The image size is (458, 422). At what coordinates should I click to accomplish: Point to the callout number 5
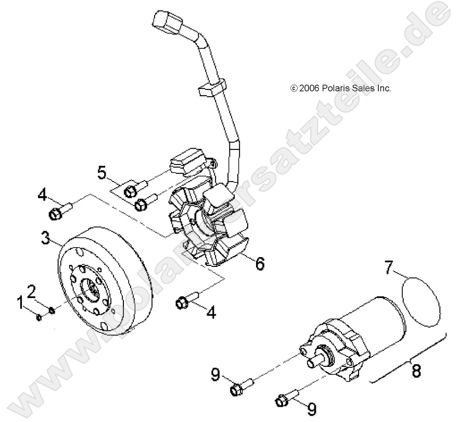pos(102,172)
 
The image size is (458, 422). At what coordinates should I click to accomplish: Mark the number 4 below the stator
pos(211,312)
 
